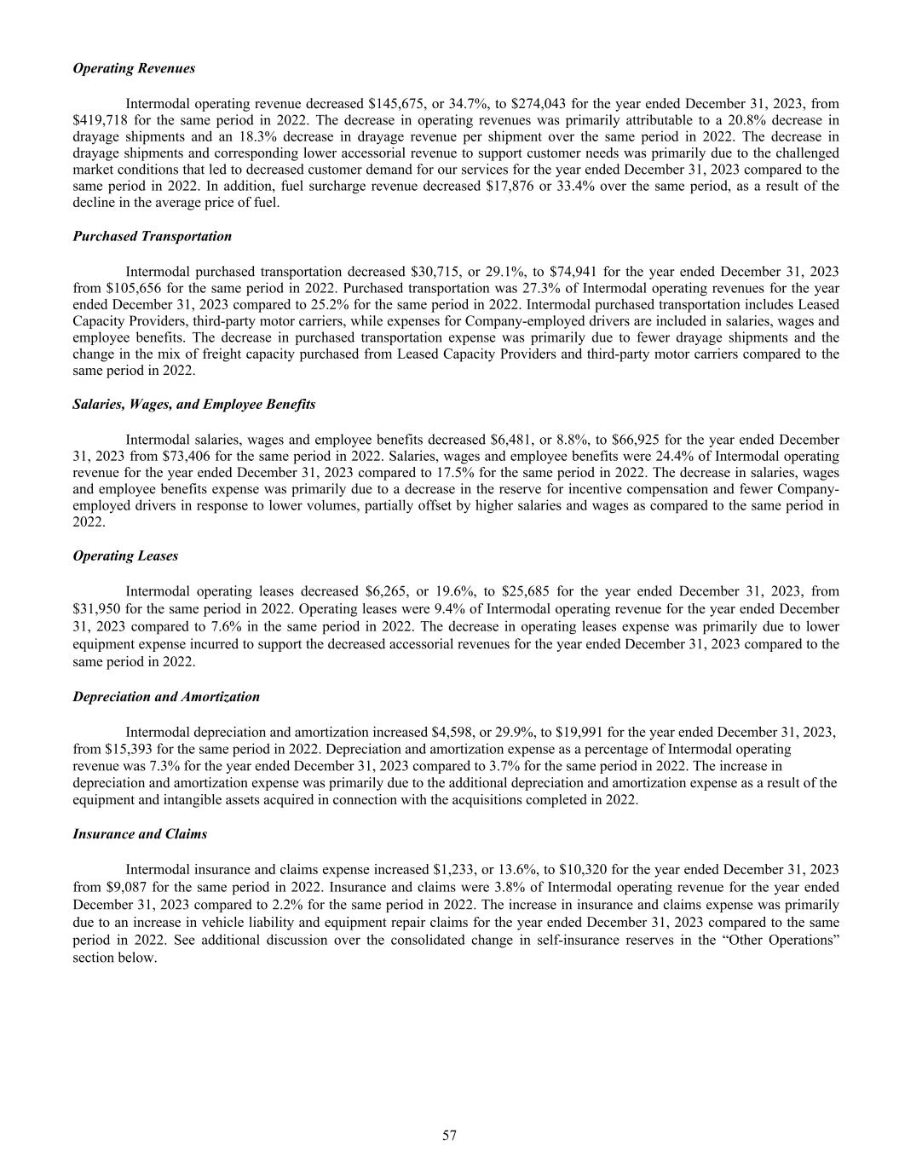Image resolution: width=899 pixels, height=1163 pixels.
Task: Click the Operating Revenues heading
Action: (134, 68)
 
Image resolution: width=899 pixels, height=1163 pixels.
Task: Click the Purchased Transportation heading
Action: (153, 236)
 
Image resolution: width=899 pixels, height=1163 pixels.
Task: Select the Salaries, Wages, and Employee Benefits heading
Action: (194, 404)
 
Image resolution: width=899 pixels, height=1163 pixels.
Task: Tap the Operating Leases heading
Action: (126, 556)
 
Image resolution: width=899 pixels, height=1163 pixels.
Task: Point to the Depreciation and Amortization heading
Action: (166, 696)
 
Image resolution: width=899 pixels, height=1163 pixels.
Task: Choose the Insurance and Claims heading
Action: (140, 834)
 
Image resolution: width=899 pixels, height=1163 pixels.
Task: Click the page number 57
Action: (450, 1135)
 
